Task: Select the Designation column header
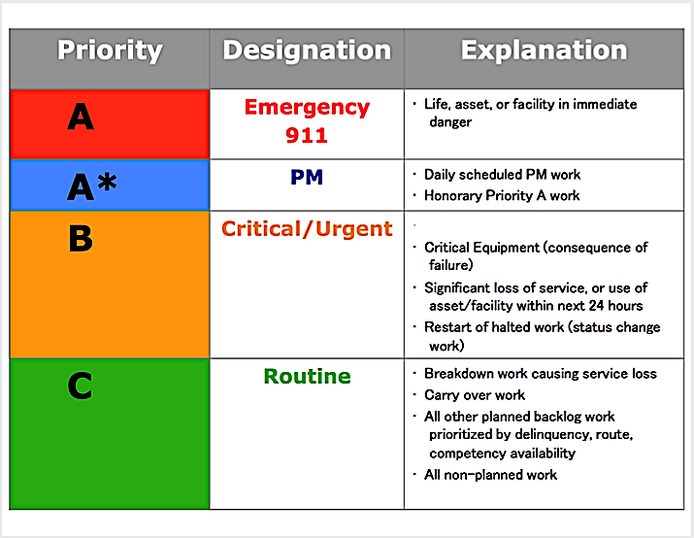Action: (x=307, y=51)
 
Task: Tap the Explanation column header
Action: (x=544, y=50)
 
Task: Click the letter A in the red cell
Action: (x=81, y=118)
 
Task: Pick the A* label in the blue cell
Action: (x=91, y=185)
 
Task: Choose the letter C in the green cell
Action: (x=81, y=386)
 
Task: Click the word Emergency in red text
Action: (x=307, y=108)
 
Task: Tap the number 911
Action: (x=307, y=135)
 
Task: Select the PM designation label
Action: (x=307, y=178)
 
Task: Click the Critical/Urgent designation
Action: (x=307, y=229)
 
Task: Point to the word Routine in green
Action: (x=307, y=377)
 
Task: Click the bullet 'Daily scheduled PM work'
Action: (x=503, y=175)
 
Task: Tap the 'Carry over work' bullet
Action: (x=475, y=395)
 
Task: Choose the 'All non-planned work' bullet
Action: (x=490, y=474)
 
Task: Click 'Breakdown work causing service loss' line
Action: (x=540, y=374)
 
